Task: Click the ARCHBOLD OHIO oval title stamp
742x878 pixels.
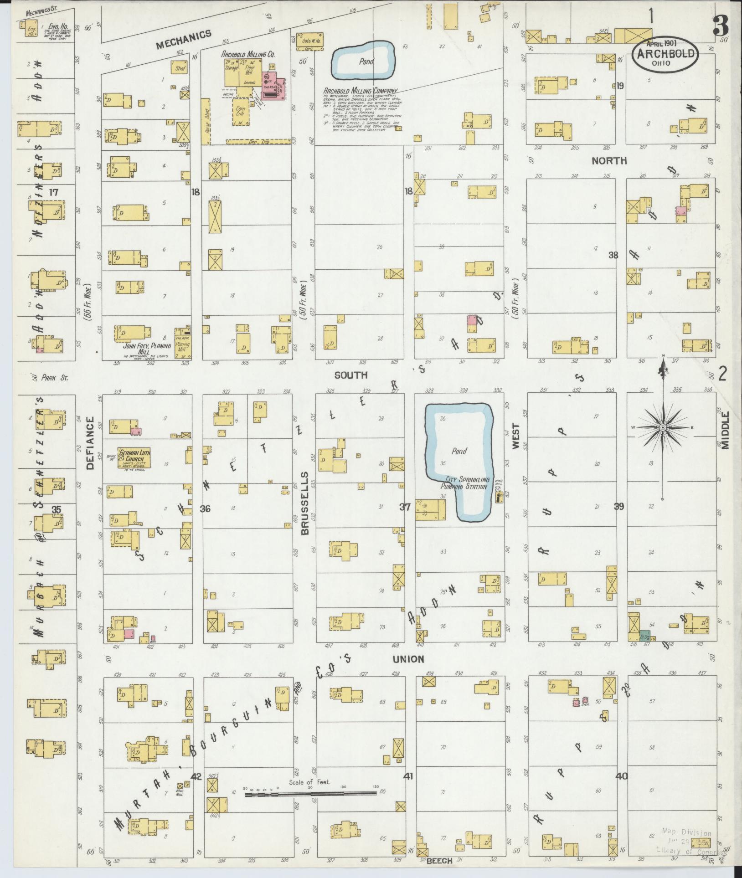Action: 665,54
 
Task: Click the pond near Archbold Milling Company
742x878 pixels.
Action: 363,61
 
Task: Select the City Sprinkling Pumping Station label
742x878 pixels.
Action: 464,483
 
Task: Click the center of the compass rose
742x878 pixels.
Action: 663,427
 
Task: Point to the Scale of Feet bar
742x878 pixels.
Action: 310,794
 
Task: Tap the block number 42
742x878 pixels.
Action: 196,776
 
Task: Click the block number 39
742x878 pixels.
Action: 618,506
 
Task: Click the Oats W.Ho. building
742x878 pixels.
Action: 310,41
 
